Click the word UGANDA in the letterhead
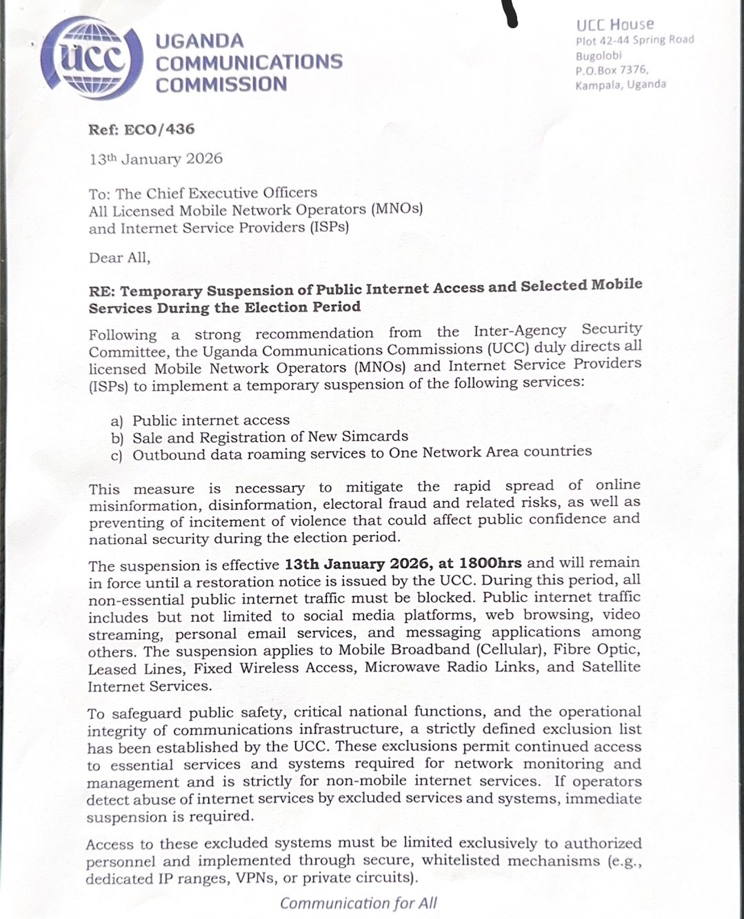(200, 41)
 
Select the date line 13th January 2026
(156, 159)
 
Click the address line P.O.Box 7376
(612, 70)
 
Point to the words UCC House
(615, 25)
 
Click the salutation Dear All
(119, 258)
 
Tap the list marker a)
(117, 421)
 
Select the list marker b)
(117, 438)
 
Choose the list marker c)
(117, 456)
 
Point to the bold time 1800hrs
(490, 563)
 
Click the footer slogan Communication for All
(358, 903)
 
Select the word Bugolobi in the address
(599, 55)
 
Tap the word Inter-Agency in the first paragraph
(519, 331)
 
